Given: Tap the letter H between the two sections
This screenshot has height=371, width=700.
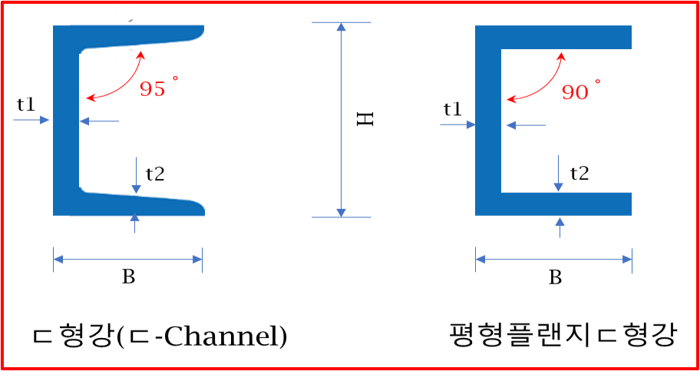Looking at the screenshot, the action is [x=365, y=119].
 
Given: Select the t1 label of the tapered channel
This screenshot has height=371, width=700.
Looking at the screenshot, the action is [x=27, y=104].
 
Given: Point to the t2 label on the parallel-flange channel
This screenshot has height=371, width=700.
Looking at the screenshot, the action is [x=579, y=174].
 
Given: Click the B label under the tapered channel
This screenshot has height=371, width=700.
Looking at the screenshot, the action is [x=129, y=277].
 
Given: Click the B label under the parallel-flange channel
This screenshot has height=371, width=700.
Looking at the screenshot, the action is [x=555, y=277].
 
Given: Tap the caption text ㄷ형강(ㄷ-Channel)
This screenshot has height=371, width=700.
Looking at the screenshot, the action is [x=160, y=337].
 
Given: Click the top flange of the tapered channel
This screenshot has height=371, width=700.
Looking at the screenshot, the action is [x=141, y=37].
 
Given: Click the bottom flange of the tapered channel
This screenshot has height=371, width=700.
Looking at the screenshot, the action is [x=141, y=204].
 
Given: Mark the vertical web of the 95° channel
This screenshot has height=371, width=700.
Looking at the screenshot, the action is [x=66, y=121].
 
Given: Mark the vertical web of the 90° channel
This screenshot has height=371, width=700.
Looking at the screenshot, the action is [x=488, y=121].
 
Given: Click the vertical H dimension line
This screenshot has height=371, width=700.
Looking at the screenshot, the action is [x=341, y=120].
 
